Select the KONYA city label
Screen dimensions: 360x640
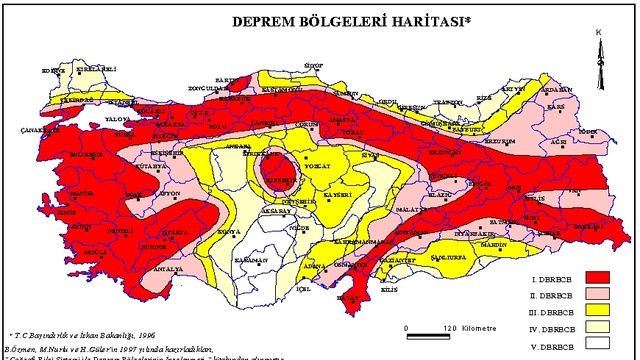229,231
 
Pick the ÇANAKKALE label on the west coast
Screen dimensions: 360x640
38,131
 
